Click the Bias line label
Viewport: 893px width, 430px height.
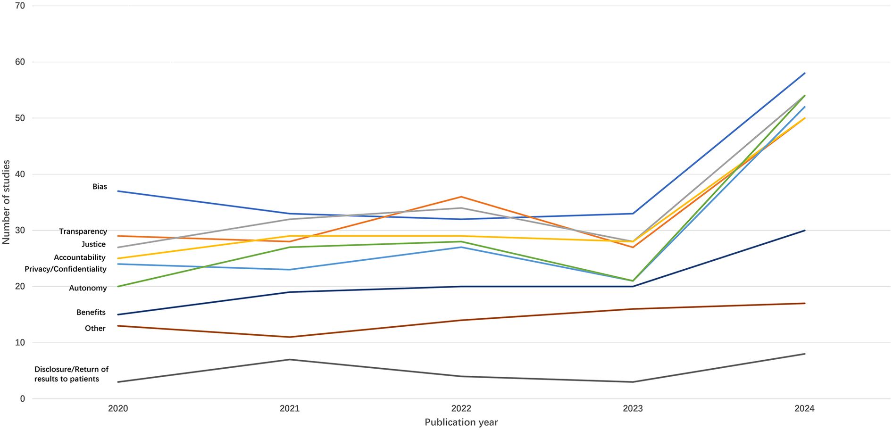100,187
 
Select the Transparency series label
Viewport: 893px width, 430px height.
83,232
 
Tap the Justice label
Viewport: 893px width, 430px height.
93,244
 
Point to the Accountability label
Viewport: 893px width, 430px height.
80,257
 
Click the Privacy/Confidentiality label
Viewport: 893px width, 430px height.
66,269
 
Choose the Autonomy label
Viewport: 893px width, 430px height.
88,288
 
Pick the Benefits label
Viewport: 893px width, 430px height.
91,313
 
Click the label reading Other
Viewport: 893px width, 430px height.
95,329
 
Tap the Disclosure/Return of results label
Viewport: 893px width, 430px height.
71,374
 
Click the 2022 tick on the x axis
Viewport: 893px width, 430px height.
461,409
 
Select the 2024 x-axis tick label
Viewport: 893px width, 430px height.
804,409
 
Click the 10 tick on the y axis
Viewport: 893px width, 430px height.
20,343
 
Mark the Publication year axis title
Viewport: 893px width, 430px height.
461,422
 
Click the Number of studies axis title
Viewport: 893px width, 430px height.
6,202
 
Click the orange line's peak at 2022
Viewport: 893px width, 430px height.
461,197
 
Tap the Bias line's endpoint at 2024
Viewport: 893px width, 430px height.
804,74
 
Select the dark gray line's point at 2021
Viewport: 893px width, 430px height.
290,360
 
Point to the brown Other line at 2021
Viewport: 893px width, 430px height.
290,337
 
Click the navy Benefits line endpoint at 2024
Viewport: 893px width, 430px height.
804,231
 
